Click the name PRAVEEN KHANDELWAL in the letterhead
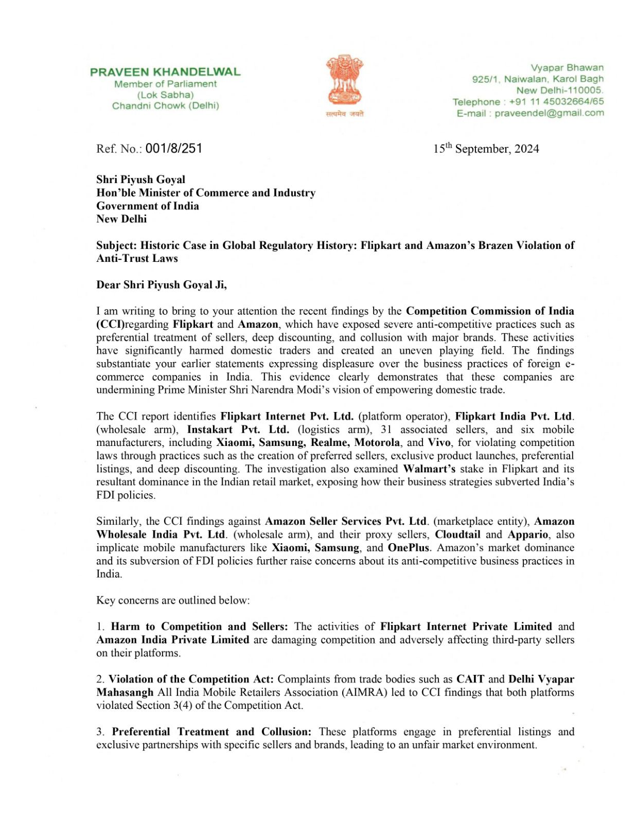tap(165, 72)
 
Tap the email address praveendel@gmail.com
tap(549, 113)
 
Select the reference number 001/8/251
tap(174, 149)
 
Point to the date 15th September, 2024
tap(486, 149)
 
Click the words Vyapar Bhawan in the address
tap(567, 68)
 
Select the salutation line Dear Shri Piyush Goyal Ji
tap(161, 285)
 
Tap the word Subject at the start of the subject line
tap(116, 245)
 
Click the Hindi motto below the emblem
tap(344, 114)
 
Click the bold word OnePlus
tap(408, 548)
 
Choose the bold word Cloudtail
tap(457, 534)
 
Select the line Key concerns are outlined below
tap(173, 600)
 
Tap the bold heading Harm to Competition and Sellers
tap(199, 627)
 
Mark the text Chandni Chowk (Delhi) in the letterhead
tap(165, 106)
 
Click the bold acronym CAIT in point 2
tap(470, 679)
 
